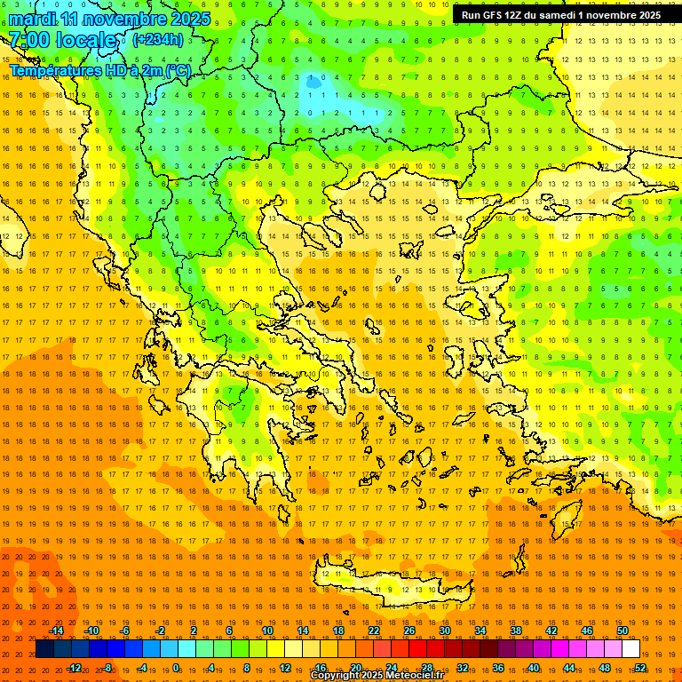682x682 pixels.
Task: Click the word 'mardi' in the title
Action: [x=31, y=19]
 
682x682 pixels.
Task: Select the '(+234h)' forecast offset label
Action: [x=158, y=39]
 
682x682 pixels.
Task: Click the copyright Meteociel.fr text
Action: [x=377, y=676]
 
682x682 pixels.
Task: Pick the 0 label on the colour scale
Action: [x=176, y=668]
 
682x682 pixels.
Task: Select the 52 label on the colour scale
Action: [x=640, y=668]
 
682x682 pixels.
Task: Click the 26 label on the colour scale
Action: [x=409, y=630]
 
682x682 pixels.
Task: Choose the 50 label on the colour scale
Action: [x=623, y=630]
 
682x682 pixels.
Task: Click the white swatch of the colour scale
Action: [x=630, y=649]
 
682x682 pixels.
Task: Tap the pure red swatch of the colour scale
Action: [x=417, y=649]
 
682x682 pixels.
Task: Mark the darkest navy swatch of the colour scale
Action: [x=44, y=649]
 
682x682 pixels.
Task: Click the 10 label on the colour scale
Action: [x=267, y=630]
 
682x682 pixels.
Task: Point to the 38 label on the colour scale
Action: [x=516, y=630]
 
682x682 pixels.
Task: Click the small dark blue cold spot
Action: [x=313, y=83]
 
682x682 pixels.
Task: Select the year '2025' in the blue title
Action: [x=190, y=19]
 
